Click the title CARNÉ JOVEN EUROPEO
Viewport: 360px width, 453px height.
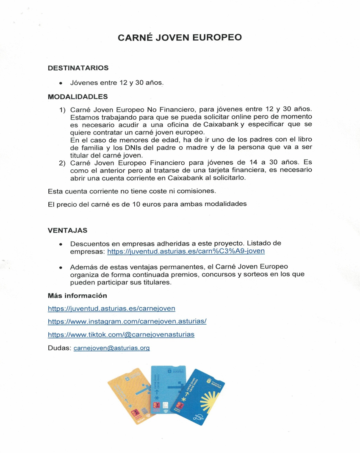coord(180,37)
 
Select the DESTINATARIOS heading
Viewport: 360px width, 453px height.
coord(78,68)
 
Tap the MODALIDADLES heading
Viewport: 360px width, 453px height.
coord(78,97)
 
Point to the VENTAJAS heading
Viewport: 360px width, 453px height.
coord(68,230)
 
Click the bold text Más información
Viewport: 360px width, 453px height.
coord(78,295)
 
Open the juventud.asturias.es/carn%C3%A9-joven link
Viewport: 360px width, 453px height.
coord(186,251)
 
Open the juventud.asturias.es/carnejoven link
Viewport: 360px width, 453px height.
coord(111,308)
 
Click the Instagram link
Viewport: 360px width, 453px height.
coord(127,321)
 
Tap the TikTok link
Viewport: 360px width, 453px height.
coord(121,334)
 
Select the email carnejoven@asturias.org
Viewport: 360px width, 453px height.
coord(112,348)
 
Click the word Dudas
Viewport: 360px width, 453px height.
coord(59,348)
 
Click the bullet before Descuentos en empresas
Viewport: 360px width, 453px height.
coord(61,244)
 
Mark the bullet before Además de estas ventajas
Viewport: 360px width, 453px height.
coord(61,268)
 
